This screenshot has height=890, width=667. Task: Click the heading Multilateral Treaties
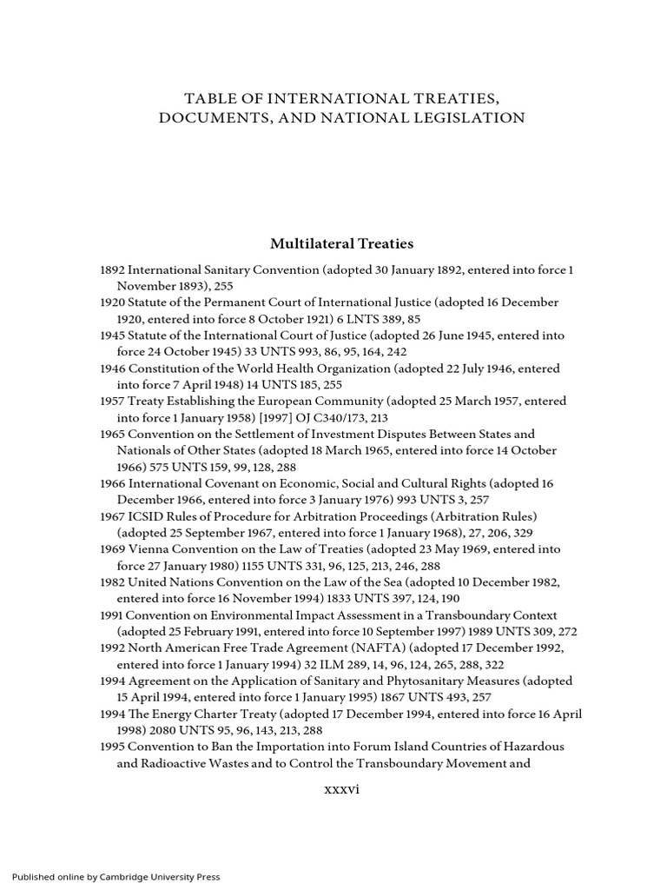click(x=341, y=243)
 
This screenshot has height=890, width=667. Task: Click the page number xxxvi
click(x=341, y=790)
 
